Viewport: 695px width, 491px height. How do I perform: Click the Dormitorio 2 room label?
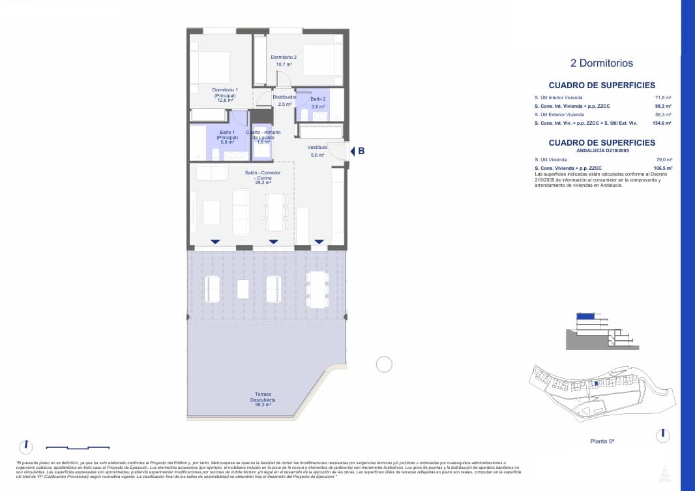point(284,61)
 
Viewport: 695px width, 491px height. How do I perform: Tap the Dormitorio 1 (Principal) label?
point(225,95)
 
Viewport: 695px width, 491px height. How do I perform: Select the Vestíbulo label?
point(318,151)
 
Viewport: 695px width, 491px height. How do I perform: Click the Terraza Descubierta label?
point(264,400)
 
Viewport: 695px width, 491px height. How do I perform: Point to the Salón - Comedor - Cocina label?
point(263,178)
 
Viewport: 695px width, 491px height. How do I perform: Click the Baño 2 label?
point(318,103)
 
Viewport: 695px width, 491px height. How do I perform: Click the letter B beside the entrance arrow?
point(361,151)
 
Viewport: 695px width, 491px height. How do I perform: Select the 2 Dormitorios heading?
point(601,63)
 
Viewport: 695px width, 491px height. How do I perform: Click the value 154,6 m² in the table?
point(663,123)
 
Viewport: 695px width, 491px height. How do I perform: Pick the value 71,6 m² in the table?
point(664,97)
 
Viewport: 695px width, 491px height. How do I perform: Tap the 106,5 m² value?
point(663,168)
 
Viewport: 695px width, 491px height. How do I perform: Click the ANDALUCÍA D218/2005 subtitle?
point(601,150)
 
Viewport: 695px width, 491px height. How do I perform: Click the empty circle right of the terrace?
point(384,364)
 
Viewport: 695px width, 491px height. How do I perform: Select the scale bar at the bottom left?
point(78,448)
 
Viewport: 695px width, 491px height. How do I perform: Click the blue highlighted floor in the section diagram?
point(586,316)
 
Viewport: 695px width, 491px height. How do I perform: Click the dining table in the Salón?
point(276,212)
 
